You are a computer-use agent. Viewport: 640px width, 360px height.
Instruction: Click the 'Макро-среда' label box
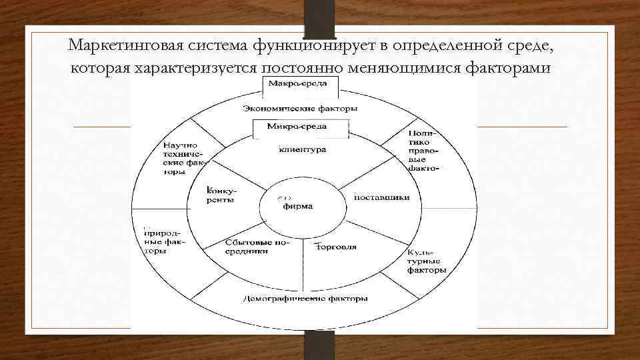point(294,84)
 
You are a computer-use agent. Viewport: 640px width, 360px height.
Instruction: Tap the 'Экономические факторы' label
point(300,108)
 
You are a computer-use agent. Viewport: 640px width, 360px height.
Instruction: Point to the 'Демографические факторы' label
point(305,299)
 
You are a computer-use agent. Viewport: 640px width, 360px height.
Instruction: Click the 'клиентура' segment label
point(302,150)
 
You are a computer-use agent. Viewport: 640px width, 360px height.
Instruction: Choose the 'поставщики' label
point(381,197)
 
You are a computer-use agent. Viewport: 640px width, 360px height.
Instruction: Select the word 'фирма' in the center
point(298,206)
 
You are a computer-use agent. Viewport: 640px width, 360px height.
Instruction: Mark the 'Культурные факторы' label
point(424,263)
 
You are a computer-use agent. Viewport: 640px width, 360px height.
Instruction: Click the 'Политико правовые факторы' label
point(421,151)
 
